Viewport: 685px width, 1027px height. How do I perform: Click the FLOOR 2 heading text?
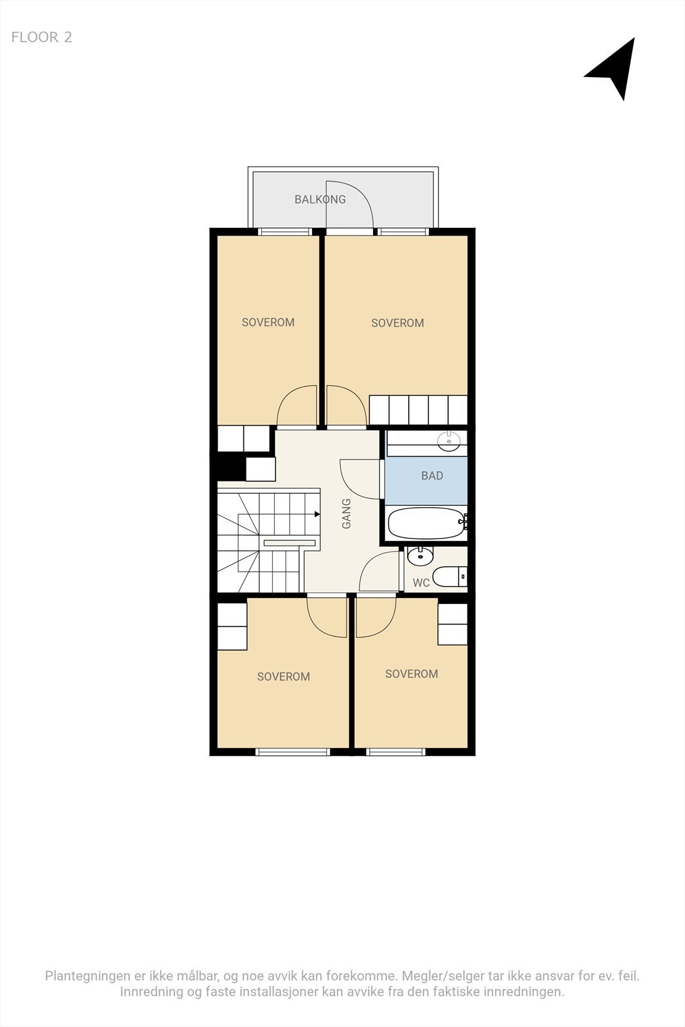point(42,37)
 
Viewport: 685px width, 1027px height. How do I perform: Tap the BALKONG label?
point(320,200)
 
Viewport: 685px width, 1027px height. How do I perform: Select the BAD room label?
point(432,476)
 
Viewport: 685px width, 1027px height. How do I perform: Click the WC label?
point(421,583)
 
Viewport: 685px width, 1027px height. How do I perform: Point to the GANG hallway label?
point(347,513)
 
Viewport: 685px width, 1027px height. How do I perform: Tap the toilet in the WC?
point(449,576)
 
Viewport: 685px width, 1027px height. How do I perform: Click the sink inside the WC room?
point(421,554)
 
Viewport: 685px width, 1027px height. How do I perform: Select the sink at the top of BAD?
point(448,440)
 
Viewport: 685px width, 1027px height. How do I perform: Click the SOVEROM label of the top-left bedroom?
point(268,322)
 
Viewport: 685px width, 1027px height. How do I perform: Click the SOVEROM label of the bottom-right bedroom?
point(412,674)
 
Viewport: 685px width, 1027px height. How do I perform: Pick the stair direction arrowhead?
point(317,514)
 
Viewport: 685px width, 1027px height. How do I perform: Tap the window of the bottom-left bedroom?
point(293,752)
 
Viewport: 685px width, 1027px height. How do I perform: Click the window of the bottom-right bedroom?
point(395,752)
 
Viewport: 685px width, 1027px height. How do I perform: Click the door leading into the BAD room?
point(361,478)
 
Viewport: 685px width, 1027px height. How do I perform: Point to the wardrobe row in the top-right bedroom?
point(418,410)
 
